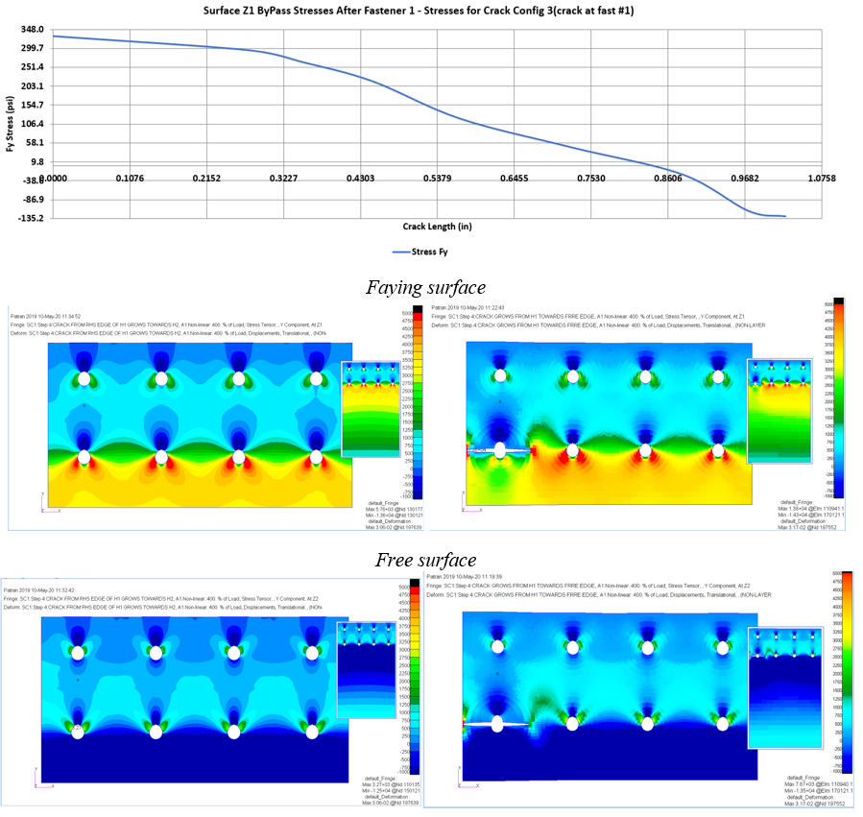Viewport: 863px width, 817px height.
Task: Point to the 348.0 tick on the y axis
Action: pos(33,30)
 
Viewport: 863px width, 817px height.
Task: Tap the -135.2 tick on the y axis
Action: pos(31,218)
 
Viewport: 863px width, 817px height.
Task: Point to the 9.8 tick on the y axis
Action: pos(38,161)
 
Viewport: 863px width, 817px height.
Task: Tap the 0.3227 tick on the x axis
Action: pos(283,179)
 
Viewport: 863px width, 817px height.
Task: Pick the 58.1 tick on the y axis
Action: pos(36,142)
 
